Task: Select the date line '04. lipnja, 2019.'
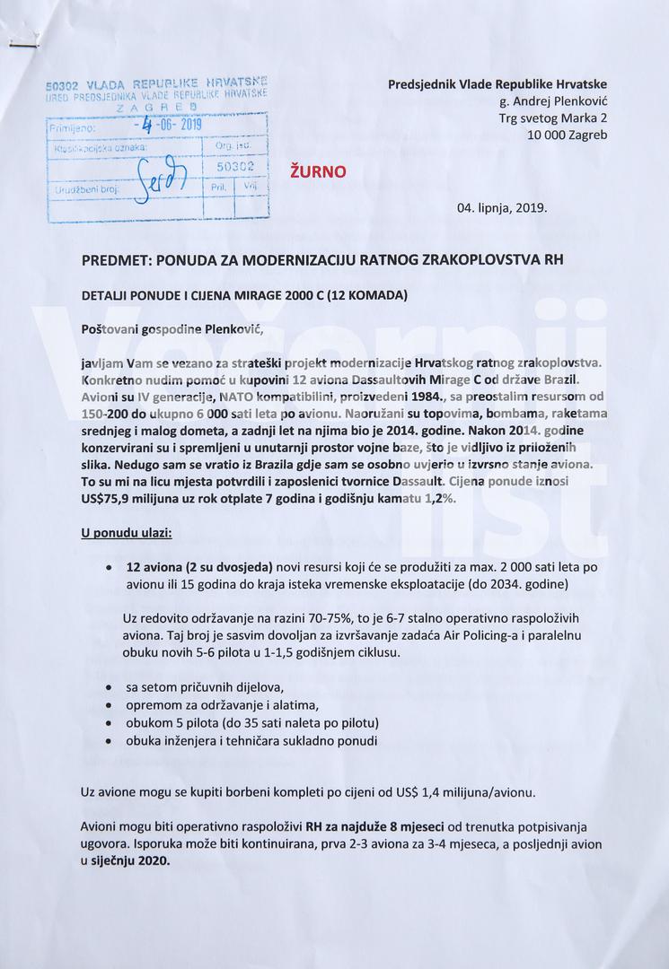click(x=501, y=207)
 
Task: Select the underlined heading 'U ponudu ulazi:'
click(x=127, y=533)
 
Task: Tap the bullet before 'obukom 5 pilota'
click(x=109, y=722)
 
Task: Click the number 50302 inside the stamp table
click(x=236, y=166)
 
